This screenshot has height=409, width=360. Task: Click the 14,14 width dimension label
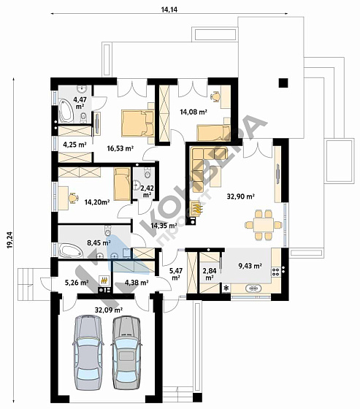tap(169, 10)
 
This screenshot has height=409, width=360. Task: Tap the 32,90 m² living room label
tap(240, 196)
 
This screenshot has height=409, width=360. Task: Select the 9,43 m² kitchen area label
tap(250, 266)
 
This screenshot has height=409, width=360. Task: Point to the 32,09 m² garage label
tap(109, 310)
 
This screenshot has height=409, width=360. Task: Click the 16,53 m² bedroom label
tap(120, 148)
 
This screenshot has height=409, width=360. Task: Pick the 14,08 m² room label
tap(194, 112)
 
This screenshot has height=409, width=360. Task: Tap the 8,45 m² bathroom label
tap(99, 242)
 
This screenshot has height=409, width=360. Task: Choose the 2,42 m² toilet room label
tap(147, 191)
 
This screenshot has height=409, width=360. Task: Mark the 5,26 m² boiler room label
tap(77, 282)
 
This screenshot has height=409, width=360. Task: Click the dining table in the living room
tap(264, 225)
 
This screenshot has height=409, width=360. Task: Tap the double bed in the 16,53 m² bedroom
tap(137, 123)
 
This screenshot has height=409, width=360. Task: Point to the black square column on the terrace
tap(283, 83)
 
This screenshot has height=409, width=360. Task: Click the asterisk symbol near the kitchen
tap(226, 288)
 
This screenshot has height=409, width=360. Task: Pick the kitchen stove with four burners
tap(276, 272)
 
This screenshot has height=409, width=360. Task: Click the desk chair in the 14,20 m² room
tap(73, 198)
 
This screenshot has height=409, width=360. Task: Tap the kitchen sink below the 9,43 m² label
tap(253, 288)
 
